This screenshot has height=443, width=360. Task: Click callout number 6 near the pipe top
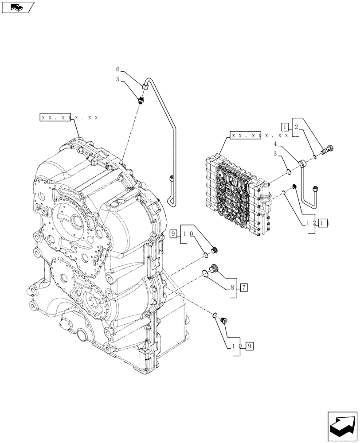[x=118, y=70]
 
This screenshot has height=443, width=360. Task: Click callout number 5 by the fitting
[x=118, y=79]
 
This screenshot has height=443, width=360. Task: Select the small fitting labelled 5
[x=141, y=99]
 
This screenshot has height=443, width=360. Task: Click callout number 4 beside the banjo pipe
[x=275, y=144]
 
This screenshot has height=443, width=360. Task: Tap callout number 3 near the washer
[x=275, y=153]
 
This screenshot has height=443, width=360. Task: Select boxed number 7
[x=244, y=287]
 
